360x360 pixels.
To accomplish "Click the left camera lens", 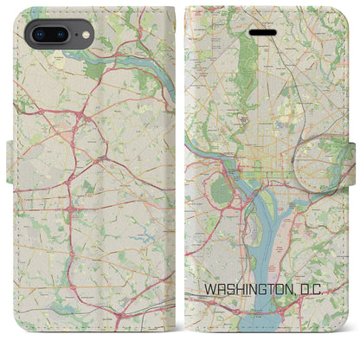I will pos(40,35).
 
